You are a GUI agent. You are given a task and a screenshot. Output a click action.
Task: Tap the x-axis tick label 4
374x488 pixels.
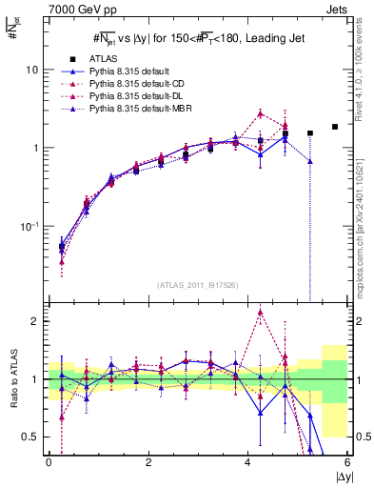[247, 462]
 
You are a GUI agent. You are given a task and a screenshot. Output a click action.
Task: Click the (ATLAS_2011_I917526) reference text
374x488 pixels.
[197, 285]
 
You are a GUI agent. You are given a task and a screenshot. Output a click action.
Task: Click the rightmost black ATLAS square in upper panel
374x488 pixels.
[334, 127]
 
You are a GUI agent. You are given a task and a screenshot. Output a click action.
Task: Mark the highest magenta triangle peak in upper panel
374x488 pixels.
[260, 113]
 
